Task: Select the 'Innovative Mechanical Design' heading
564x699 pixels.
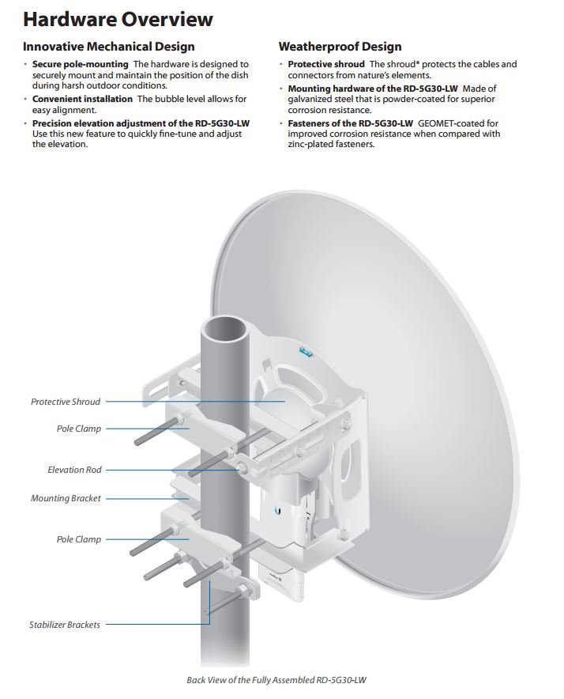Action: coord(109,47)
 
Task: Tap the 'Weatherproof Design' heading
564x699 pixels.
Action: coord(340,47)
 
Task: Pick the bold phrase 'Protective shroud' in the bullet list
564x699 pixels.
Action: coord(326,64)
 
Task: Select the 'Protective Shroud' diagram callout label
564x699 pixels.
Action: coord(66,402)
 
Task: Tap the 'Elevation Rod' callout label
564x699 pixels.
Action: coord(75,470)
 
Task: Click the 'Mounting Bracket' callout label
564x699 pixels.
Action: coord(66,499)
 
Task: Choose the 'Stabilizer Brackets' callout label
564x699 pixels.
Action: coord(65,625)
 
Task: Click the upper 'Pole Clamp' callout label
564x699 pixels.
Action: coord(78,429)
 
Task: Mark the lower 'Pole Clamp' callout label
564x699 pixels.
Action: coord(78,539)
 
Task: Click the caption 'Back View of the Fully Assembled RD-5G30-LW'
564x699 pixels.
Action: coord(281,679)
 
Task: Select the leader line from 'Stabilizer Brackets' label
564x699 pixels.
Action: coord(158,625)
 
